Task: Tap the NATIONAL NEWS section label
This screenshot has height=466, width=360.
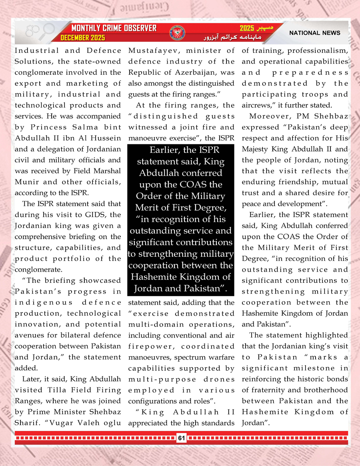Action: (315, 33)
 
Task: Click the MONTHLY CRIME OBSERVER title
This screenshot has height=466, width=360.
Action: (114, 28)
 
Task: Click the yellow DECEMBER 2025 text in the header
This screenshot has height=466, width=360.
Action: (82, 38)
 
